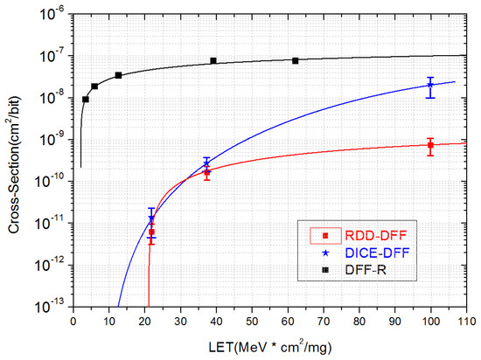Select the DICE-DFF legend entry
(350, 253)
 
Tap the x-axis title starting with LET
(268, 346)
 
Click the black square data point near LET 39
(213, 60)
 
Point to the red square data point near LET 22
(151, 232)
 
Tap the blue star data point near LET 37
(206, 163)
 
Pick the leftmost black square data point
(85, 99)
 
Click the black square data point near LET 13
(118, 75)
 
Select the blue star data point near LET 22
(151, 218)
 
